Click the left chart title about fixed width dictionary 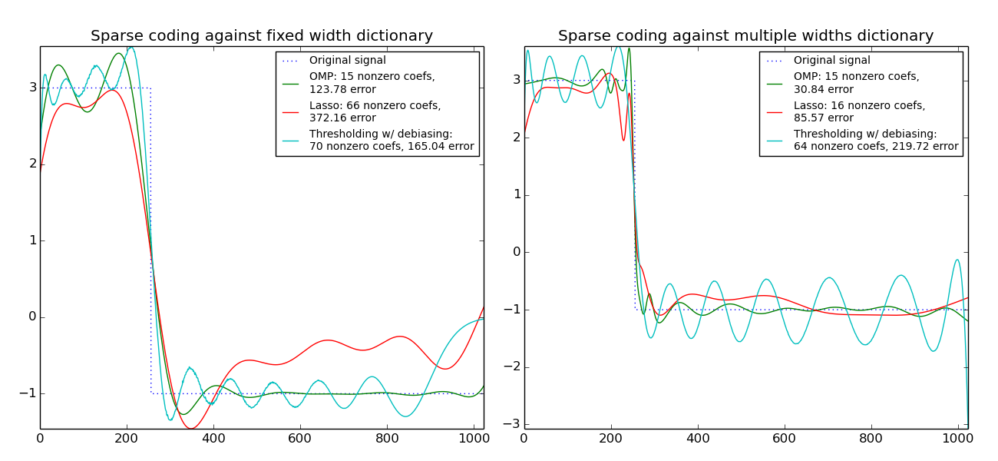click(261, 36)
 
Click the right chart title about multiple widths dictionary click(745, 36)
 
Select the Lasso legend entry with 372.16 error click(375, 111)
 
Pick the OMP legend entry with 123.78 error click(372, 82)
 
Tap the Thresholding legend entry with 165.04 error click(391, 140)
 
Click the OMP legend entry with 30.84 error click(856, 82)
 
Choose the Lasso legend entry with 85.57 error click(859, 111)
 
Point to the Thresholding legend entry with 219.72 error click(875, 140)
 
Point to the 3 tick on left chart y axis click(32, 88)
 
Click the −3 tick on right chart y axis click(512, 424)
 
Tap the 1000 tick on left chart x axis click(474, 439)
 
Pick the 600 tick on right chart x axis click(785, 439)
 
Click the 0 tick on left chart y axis click(32, 317)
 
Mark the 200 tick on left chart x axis click(127, 439)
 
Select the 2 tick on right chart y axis click(516, 138)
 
